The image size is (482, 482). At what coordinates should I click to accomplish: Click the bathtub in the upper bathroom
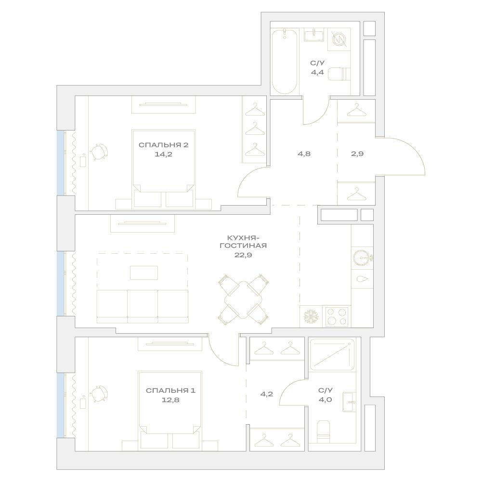pyautogui.click(x=285, y=62)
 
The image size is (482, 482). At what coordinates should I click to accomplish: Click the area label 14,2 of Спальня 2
pyautogui.click(x=163, y=154)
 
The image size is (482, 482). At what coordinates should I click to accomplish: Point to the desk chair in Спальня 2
pyautogui.click(x=99, y=152)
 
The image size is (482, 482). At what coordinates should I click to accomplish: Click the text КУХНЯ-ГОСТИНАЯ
pyautogui.click(x=243, y=242)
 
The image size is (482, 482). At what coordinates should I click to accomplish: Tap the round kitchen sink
pyautogui.click(x=362, y=258)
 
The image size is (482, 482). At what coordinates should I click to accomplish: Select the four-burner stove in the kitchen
pyautogui.click(x=337, y=317)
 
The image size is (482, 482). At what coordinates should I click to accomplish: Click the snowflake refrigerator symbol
pyautogui.click(x=311, y=317)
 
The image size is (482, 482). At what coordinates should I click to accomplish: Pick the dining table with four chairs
pyautogui.click(x=243, y=300)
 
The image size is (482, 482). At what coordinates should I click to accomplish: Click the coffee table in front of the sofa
pyautogui.click(x=144, y=273)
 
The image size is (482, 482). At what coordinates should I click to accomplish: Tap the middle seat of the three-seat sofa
pyautogui.click(x=143, y=306)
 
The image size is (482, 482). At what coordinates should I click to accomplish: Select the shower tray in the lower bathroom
pyautogui.click(x=332, y=354)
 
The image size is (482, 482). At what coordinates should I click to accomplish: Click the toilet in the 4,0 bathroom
pyautogui.click(x=324, y=432)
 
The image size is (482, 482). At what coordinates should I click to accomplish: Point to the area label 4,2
pyautogui.click(x=266, y=394)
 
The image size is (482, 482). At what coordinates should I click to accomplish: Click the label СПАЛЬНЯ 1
pyautogui.click(x=170, y=391)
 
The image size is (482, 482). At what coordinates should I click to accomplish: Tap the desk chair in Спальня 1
pyautogui.click(x=99, y=394)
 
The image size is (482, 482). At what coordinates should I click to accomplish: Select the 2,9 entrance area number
pyautogui.click(x=357, y=154)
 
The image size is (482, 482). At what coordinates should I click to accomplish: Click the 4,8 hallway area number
pyautogui.click(x=304, y=154)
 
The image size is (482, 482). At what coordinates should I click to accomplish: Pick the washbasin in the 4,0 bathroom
pyautogui.click(x=349, y=402)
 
